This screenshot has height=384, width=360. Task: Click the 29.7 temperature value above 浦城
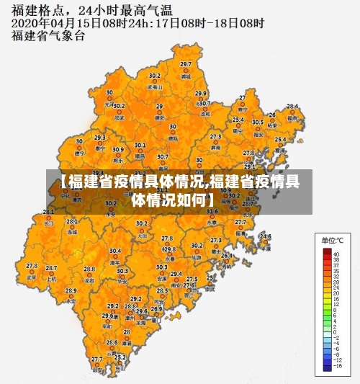pyautogui.click(x=186, y=68)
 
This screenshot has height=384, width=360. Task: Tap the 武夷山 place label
pyautogui.click(x=153, y=86)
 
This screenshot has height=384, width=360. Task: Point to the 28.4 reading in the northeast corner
pyautogui.click(x=292, y=106)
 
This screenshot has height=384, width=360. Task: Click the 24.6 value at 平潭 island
pyautogui.click(x=266, y=236)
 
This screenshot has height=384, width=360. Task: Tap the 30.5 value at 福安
pyautogui.click(x=257, y=122)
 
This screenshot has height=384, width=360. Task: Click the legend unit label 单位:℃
pyautogui.click(x=333, y=239)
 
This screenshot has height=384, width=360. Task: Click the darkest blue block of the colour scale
pyautogui.click(x=327, y=365)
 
